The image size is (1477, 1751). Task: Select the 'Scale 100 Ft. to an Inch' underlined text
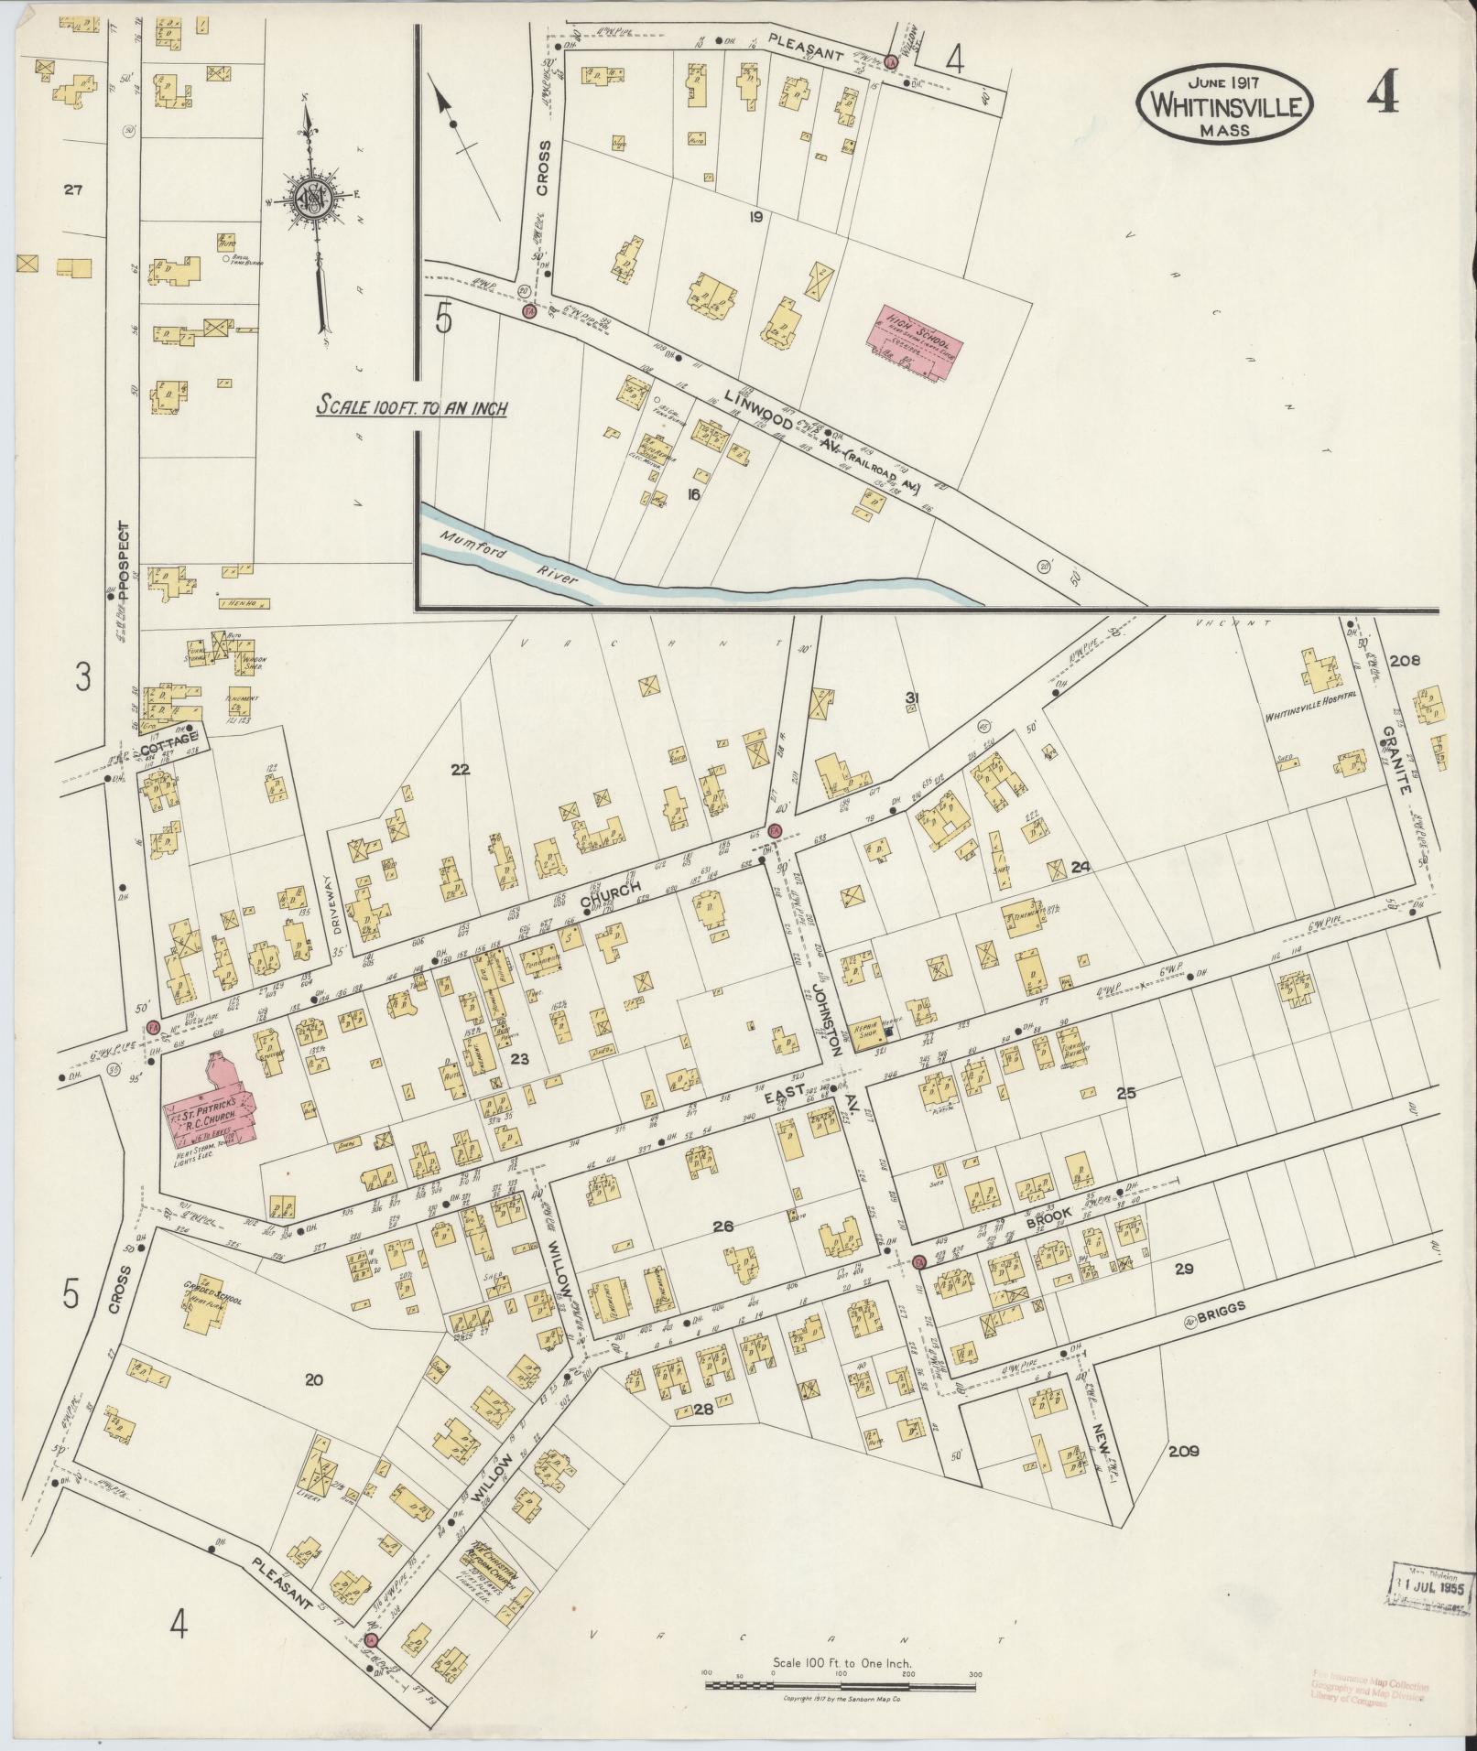[411, 407]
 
